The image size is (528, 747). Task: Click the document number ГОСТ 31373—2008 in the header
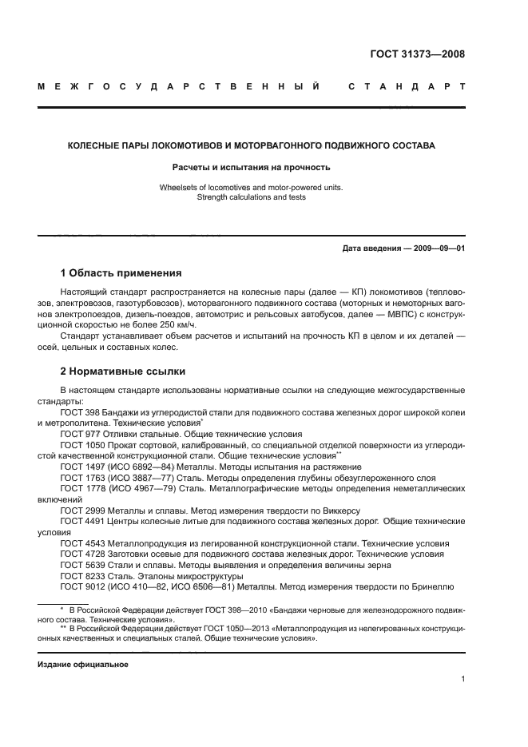click(418, 54)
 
